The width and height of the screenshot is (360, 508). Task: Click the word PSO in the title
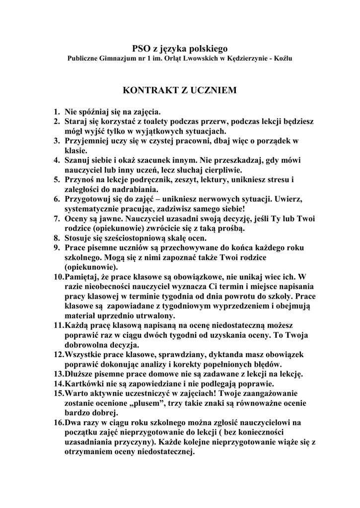[141, 48]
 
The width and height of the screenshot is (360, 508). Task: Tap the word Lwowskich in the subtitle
[189, 59]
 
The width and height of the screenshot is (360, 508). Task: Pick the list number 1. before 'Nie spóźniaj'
[57, 112]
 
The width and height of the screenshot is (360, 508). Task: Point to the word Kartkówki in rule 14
[83, 383]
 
